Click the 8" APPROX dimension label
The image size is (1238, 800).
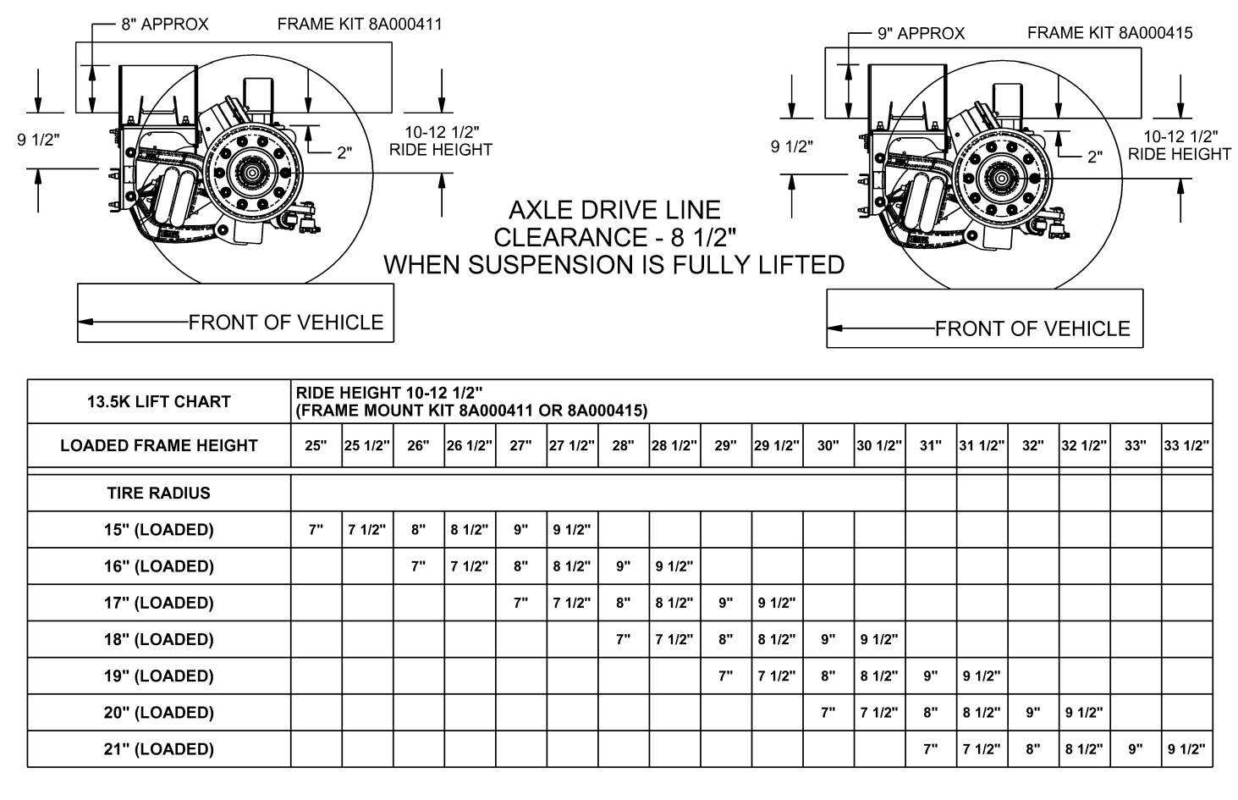[164, 25]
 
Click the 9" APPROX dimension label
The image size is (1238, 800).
[921, 34]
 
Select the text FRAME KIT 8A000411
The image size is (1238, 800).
[360, 25]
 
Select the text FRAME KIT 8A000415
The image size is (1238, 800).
[1109, 33]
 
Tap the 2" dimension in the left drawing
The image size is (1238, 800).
[344, 153]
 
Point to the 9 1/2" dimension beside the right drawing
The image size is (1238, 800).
[791, 146]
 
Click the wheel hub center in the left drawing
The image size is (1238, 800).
[252, 172]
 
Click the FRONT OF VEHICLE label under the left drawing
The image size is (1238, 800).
[286, 323]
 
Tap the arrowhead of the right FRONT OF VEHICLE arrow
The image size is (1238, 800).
[834, 328]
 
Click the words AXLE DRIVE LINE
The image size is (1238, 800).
[614, 210]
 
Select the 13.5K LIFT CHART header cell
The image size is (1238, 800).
[159, 402]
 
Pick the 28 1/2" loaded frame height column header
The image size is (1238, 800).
[674, 446]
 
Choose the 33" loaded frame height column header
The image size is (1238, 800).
[1135, 446]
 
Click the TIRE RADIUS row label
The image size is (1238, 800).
[159, 493]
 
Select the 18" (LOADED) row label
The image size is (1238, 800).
[159, 639]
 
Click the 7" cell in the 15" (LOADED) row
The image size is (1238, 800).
[316, 530]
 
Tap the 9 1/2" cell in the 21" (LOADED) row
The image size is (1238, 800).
[1186, 749]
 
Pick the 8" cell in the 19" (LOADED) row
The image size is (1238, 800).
[828, 676]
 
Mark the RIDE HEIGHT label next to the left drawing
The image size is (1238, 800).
[440, 150]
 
